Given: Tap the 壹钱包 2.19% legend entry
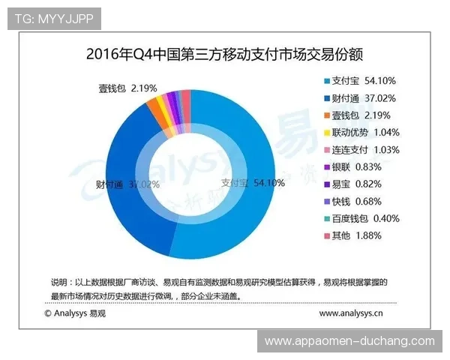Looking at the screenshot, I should (360, 115).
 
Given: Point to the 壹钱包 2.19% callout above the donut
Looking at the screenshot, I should (127, 88).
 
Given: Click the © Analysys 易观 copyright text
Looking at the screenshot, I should (77, 312).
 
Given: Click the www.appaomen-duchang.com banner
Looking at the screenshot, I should (349, 341).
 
